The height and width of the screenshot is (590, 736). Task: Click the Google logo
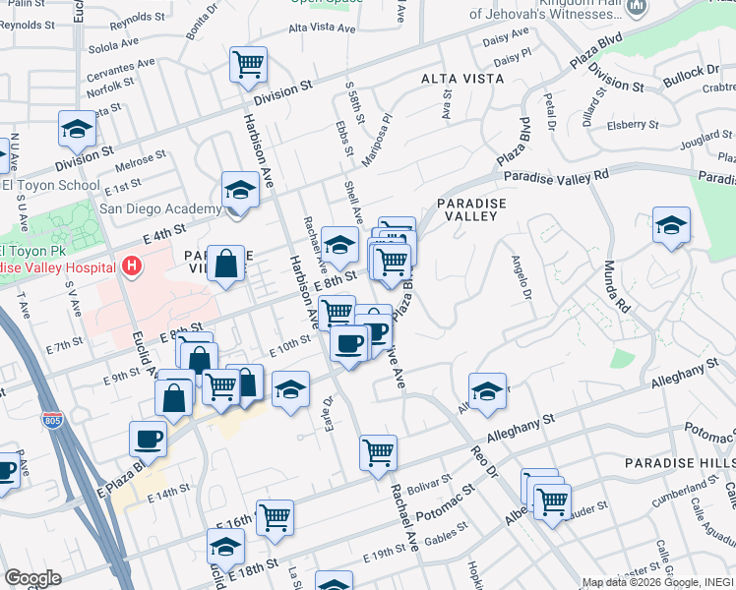click(32, 578)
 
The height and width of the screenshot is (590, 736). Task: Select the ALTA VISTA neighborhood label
click(456, 78)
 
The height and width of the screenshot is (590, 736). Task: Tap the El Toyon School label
click(51, 185)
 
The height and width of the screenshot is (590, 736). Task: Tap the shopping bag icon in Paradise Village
click(225, 264)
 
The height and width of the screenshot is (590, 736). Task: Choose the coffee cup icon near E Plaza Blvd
click(149, 439)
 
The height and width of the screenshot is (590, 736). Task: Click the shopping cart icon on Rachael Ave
click(378, 452)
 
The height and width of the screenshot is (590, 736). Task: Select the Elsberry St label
click(633, 125)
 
